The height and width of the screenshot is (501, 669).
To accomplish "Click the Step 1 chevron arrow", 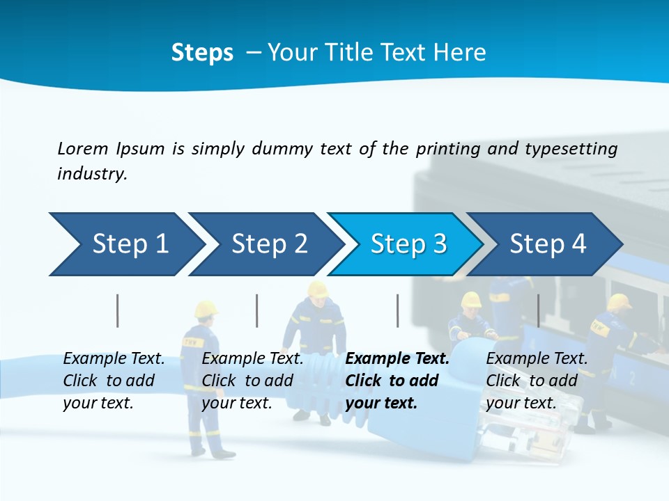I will tap(125, 244).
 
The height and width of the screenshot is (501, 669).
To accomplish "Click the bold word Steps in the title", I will tap(202, 53).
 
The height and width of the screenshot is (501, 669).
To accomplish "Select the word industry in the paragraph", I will tap(92, 174).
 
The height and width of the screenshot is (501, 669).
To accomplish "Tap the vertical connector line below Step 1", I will tap(118, 310).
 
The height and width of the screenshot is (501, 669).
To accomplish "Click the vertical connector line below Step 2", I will tap(257, 310).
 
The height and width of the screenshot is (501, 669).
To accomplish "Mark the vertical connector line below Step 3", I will tap(397, 310).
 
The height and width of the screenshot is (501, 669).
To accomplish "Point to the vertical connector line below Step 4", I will tap(538, 310).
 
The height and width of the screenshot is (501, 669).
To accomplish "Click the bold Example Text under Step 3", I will tap(397, 359).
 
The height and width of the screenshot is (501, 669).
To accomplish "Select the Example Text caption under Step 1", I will tap(114, 359).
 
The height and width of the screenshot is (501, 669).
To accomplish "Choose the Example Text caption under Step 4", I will tap(537, 359).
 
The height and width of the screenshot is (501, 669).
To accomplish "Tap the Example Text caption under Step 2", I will tap(252, 359).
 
